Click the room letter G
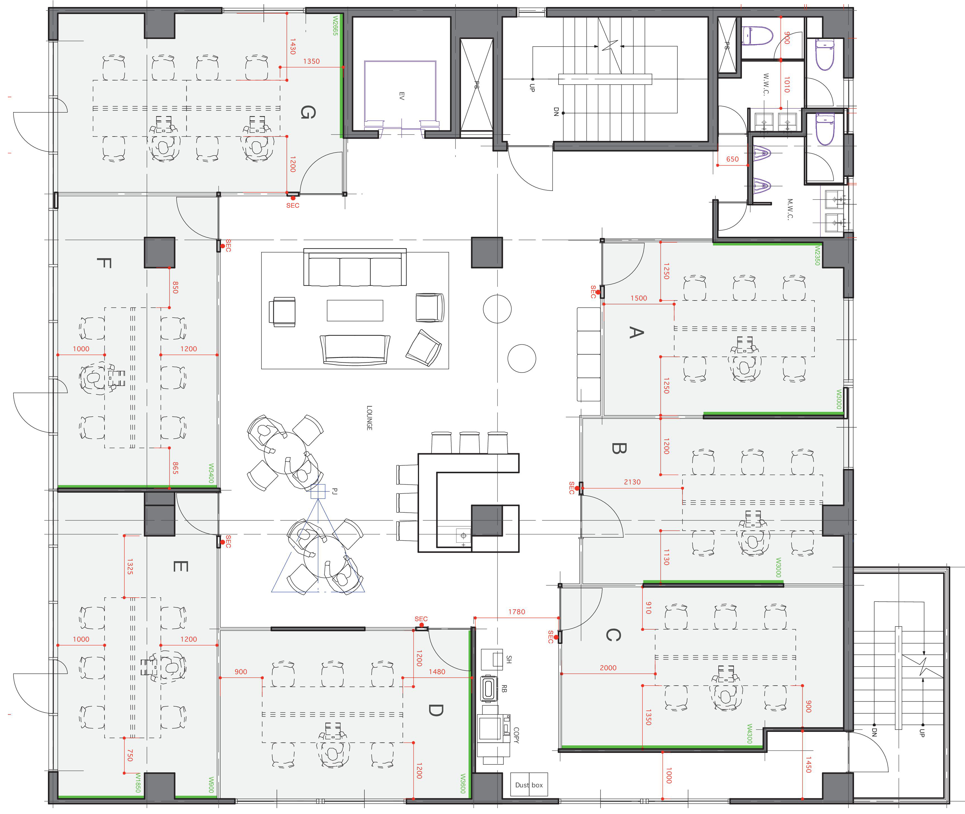click(x=308, y=112)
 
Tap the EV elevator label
click(x=401, y=96)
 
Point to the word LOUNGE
click(x=369, y=418)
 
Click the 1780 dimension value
click(x=517, y=612)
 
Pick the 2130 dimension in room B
click(x=632, y=482)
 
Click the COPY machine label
click(x=516, y=735)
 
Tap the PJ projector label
click(x=335, y=491)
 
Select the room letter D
click(x=435, y=710)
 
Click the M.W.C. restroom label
click(x=790, y=209)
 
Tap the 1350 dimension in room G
click(x=311, y=61)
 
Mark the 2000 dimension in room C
click(x=608, y=668)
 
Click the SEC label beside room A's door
click(x=593, y=292)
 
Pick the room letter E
click(x=180, y=566)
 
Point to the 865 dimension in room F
click(x=175, y=468)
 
